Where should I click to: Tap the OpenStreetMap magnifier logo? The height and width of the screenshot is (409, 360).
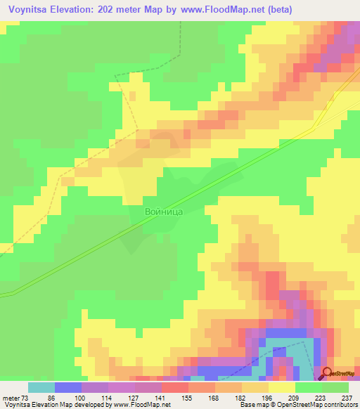coord(327,375)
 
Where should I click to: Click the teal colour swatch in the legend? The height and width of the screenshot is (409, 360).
coord(41,387)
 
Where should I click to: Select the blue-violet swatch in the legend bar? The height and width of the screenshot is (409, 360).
coord(68,387)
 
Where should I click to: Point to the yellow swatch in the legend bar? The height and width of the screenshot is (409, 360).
coord(282,387)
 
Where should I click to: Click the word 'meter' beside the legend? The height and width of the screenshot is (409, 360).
coord(11,397)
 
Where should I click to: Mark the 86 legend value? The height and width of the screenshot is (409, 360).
coord(53,397)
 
